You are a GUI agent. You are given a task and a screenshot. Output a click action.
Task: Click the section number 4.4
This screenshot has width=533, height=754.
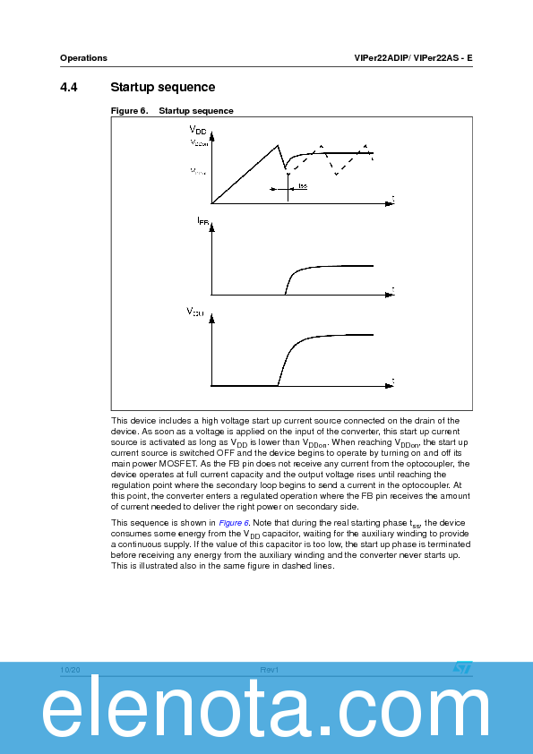point(69,87)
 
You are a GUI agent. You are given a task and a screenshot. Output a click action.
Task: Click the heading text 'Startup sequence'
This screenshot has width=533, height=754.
point(162,87)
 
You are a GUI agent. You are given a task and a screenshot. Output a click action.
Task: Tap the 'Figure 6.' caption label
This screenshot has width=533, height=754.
point(128,111)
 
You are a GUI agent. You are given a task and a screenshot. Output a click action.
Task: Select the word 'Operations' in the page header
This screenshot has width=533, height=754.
point(83,58)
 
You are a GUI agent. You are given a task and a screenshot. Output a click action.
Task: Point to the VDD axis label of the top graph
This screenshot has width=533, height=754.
point(198,132)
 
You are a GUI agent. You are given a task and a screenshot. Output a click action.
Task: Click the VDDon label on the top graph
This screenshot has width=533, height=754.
point(198,142)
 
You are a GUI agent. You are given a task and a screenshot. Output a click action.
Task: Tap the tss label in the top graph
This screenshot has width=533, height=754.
point(303,186)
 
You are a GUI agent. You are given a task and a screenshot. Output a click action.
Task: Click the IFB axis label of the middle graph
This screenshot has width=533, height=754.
point(202,220)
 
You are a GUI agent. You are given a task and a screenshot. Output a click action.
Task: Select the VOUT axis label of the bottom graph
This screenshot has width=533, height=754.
point(194,312)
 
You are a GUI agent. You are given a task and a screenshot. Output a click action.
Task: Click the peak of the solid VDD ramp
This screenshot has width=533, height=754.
point(278,145)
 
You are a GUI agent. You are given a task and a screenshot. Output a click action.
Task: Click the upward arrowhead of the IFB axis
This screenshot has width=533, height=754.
point(211,228)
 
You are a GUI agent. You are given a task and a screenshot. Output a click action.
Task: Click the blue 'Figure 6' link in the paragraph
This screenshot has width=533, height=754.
point(235,522)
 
